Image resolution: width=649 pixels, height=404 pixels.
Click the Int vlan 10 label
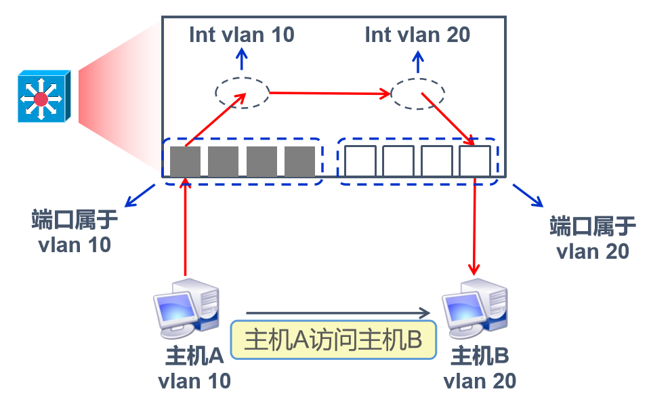(242, 35)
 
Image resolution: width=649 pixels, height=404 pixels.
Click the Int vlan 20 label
(417, 35)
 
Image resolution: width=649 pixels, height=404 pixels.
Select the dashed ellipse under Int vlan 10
(243, 92)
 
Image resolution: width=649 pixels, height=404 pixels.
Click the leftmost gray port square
(185, 161)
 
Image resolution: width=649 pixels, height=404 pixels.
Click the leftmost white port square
(360, 161)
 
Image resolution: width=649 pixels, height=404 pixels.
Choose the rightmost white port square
(474, 161)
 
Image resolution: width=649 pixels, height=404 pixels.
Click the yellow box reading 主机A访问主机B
(333, 340)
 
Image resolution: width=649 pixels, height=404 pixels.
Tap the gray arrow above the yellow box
(339, 313)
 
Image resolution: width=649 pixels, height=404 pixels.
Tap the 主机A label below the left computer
(194, 355)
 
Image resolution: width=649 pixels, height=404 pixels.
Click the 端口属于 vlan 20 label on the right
(593, 238)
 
